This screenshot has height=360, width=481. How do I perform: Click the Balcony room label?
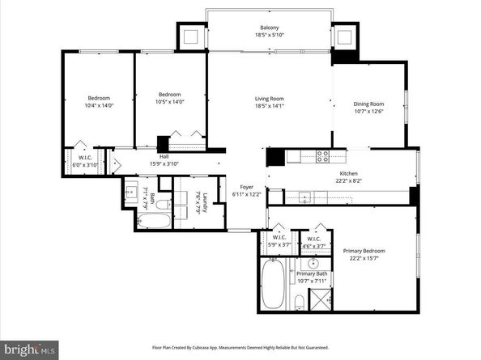pyautogui.click(x=258, y=27)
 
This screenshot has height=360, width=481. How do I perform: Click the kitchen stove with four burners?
pyautogui.click(x=322, y=155)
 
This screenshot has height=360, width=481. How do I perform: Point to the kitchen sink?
pyautogui.click(x=305, y=196)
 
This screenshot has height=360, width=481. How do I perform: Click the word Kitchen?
pyautogui.click(x=348, y=173)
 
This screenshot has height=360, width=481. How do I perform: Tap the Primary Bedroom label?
pyautogui.click(x=364, y=251)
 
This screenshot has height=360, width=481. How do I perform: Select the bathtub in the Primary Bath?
pyautogui.click(x=273, y=284)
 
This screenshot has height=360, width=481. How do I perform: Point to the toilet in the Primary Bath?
pyautogui.click(x=300, y=303)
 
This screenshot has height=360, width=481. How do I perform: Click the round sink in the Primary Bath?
pyautogui.click(x=313, y=264)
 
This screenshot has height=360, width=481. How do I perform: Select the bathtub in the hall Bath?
pyautogui.click(x=153, y=220)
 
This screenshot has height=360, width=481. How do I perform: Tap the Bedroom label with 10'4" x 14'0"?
pyautogui.click(x=99, y=102)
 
